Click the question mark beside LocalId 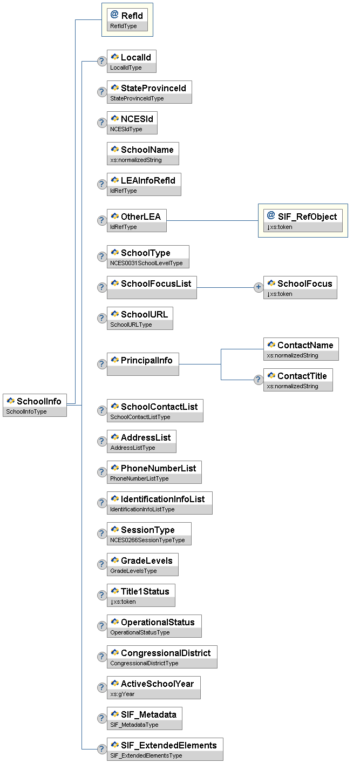coord(101,61)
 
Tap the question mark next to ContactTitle coord(259,380)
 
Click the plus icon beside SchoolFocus coord(259,287)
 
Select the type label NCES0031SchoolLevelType coord(146,263)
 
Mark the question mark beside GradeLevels coord(101,564)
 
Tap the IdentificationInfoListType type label coord(142,509)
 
